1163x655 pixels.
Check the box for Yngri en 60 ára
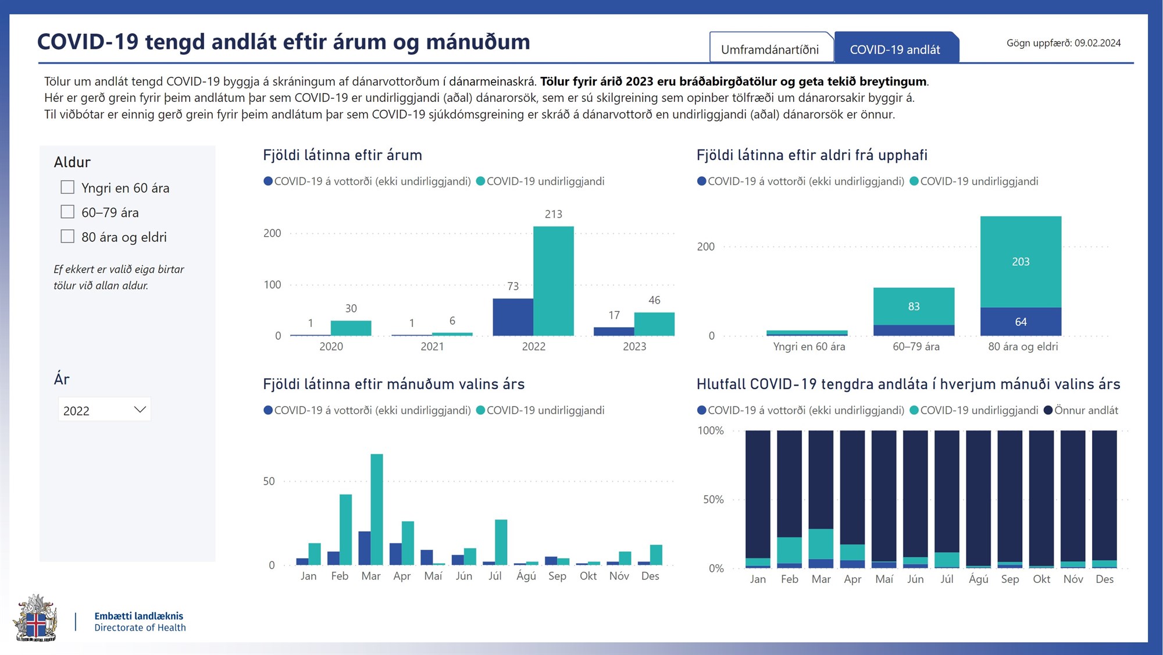[67, 187]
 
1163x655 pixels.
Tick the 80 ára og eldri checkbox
[67, 236]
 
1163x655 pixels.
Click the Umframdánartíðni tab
[770, 49]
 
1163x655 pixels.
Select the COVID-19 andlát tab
[895, 49]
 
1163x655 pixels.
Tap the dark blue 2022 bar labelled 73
[512, 317]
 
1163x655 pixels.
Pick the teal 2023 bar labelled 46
[654, 324]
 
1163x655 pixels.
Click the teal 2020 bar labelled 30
[351, 328]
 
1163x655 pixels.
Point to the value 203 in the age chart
[1021, 262]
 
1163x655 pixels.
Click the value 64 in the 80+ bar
[1021, 322]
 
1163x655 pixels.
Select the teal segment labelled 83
[914, 306]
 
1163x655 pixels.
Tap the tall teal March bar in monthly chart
[377, 509]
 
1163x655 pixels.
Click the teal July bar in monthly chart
[501, 542]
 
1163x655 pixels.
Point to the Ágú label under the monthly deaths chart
[526, 576]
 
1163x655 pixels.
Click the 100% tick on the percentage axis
[711, 430]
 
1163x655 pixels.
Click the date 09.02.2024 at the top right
[1097, 43]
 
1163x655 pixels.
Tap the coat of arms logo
[35, 618]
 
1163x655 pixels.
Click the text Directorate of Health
[140, 628]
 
